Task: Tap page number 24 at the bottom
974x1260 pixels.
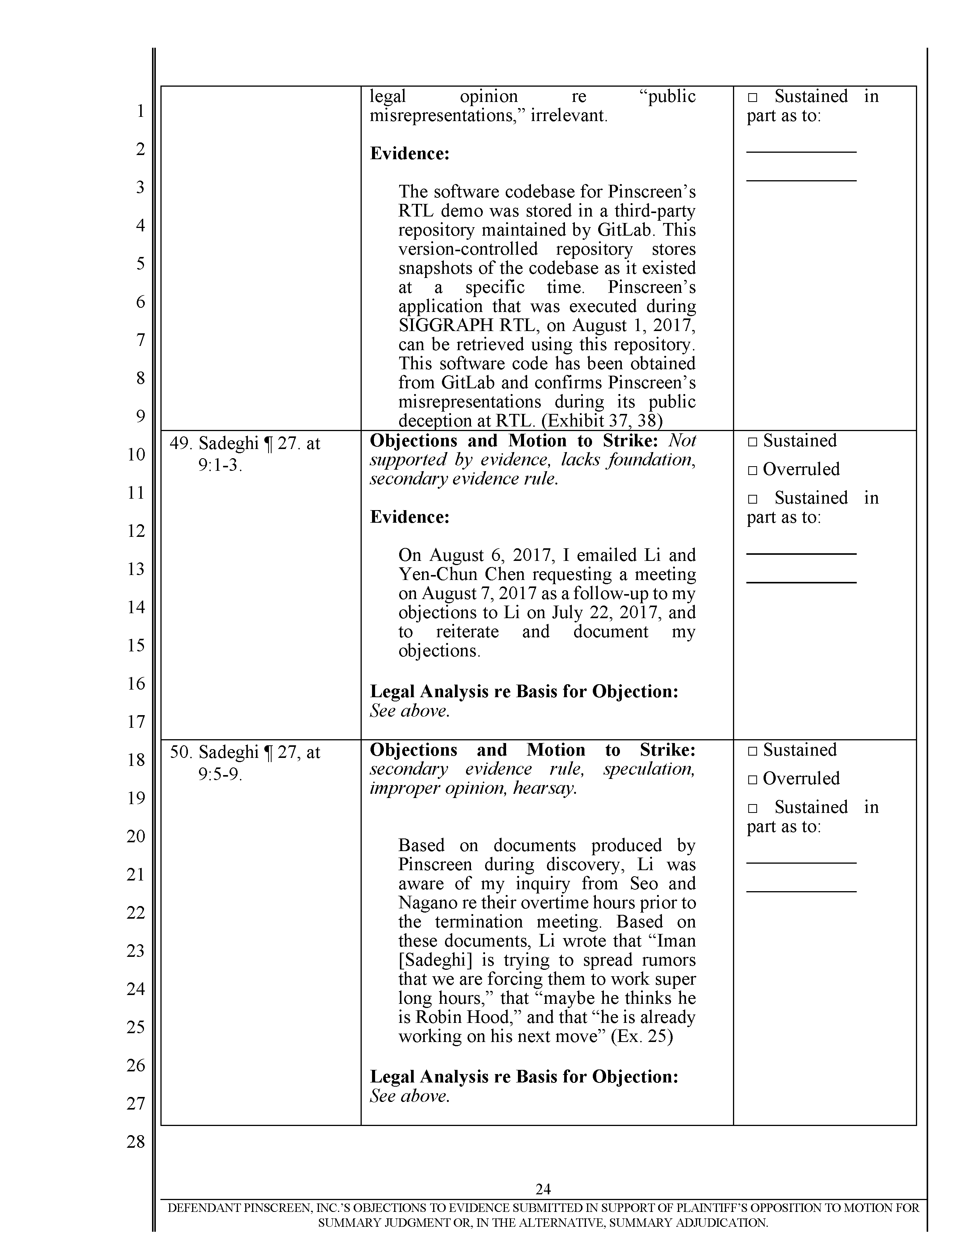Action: (x=543, y=1189)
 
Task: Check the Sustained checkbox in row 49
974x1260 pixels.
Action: (x=752, y=442)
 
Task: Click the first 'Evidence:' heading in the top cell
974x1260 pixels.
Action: (x=409, y=153)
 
